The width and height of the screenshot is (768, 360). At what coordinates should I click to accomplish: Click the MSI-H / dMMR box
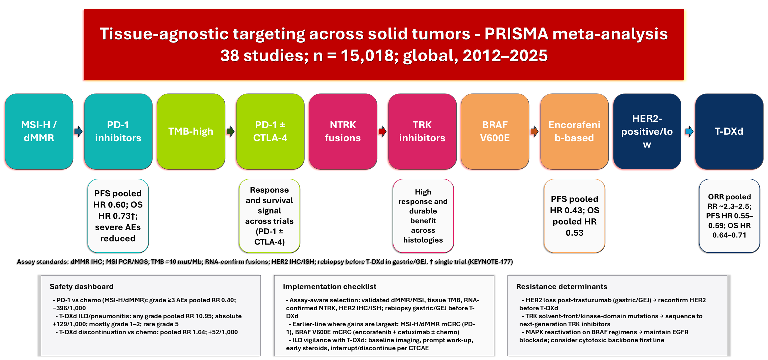tap(39, 131)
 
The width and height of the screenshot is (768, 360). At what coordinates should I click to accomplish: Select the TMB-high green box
tap(191, 131)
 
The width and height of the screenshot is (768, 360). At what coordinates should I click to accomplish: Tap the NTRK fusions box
tap(343, 131)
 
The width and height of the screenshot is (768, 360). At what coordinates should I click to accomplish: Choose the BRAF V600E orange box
tap(495, 131)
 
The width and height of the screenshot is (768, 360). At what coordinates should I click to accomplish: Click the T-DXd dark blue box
tap(729, 131)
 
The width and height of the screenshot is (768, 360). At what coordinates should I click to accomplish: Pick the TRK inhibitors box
tap(422, 131)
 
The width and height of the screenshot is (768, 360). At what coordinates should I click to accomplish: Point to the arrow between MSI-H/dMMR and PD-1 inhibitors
tap(78, 131)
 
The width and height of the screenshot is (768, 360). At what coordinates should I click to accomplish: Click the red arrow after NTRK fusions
tap(382, 131)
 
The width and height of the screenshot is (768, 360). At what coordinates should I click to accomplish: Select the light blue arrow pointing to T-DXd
tap(689, 131)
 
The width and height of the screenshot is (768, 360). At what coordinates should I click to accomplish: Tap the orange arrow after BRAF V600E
tap(534, 131)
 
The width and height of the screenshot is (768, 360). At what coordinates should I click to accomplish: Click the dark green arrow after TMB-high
tap(230, 131)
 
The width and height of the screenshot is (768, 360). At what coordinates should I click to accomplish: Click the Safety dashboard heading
tap(81, 286)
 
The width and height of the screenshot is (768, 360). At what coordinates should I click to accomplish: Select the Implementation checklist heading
tap(329, 286)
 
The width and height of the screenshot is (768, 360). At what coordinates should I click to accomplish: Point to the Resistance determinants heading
tap(561, 286)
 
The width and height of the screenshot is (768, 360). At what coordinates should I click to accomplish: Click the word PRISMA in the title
tap(516, 34)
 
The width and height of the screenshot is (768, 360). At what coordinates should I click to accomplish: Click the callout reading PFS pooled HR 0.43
tap(574, 216)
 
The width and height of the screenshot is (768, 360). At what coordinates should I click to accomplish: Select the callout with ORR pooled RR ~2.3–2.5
tap(729, 216)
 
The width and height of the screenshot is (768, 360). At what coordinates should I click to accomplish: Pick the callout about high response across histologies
tap(423, 216)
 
